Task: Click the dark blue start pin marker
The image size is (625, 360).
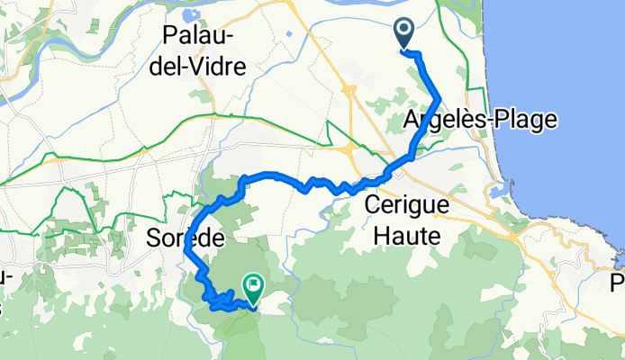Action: tap(403, 33)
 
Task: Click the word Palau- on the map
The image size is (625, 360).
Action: tap(198, 36)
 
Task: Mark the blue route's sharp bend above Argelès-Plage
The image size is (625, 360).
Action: tap(439, 96)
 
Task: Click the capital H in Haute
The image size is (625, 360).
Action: tap(373, 236)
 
